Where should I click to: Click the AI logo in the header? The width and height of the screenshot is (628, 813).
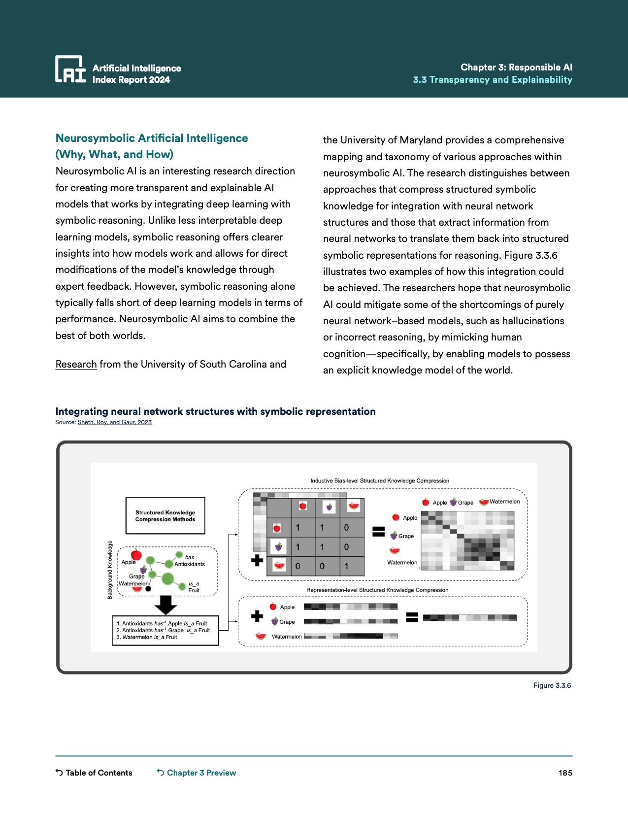70,69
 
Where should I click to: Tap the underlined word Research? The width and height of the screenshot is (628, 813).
76,364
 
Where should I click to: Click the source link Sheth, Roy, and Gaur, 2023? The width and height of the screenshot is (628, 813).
114,422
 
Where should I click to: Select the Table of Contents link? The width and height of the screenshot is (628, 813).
94,773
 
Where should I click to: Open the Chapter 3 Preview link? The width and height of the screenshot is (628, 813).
197,773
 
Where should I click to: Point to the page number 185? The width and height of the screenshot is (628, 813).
565,773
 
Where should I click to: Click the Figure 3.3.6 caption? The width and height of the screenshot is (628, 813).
552,685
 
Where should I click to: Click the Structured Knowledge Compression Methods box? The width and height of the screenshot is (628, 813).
165,516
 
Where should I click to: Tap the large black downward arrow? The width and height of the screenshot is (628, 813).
165,605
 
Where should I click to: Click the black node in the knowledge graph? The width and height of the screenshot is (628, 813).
148,588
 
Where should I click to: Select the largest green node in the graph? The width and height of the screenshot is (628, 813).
167,578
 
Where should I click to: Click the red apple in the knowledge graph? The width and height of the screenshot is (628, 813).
136,555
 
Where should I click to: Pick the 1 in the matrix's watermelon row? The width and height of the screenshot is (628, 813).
346,566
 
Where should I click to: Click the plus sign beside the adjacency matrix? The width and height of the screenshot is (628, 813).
257,560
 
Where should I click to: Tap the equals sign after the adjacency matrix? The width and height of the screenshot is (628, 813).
378,532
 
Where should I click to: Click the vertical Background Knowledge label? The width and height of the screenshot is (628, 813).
110,570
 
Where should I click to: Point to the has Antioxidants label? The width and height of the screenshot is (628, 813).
190,561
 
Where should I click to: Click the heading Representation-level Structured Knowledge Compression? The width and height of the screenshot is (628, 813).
377,590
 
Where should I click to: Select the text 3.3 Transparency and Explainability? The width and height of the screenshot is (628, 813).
493,80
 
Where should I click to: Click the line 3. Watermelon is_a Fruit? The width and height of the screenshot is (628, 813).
147,637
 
